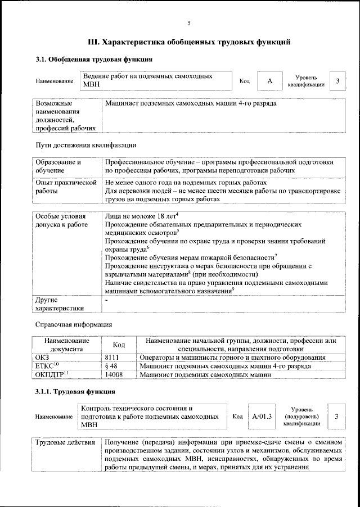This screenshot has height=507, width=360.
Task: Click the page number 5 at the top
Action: click(189, 22)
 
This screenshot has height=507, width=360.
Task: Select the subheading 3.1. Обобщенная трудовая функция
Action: click(94, 59)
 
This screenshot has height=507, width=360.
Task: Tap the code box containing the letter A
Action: click(269, 82)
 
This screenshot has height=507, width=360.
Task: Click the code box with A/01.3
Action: click(262, 417)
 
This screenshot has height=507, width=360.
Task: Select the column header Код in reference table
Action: click(119, 345)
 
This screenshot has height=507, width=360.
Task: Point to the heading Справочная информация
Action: click(74, 324)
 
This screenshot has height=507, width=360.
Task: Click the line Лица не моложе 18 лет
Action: click(141, 216)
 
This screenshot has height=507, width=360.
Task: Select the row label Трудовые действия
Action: click(65, 442)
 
